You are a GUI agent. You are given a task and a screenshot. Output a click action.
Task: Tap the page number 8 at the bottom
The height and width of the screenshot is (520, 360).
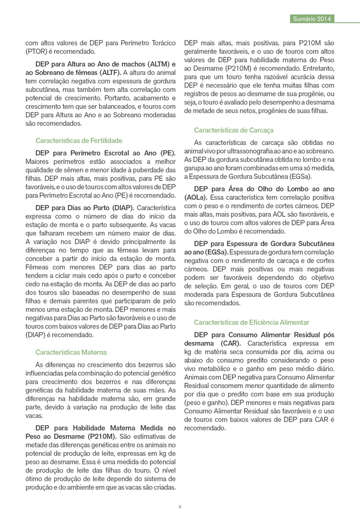(180, 506)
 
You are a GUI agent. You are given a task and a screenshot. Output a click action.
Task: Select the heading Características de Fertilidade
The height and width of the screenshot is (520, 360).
(79, 141)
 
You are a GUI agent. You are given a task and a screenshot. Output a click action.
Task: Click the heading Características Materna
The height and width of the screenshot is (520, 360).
(71, 352)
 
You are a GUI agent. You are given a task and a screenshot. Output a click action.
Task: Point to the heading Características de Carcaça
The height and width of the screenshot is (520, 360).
(234, 130)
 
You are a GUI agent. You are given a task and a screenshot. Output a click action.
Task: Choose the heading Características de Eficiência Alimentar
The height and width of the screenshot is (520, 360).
(251, 322)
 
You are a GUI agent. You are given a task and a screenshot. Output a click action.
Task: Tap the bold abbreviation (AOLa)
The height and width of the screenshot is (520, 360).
(196, 196)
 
